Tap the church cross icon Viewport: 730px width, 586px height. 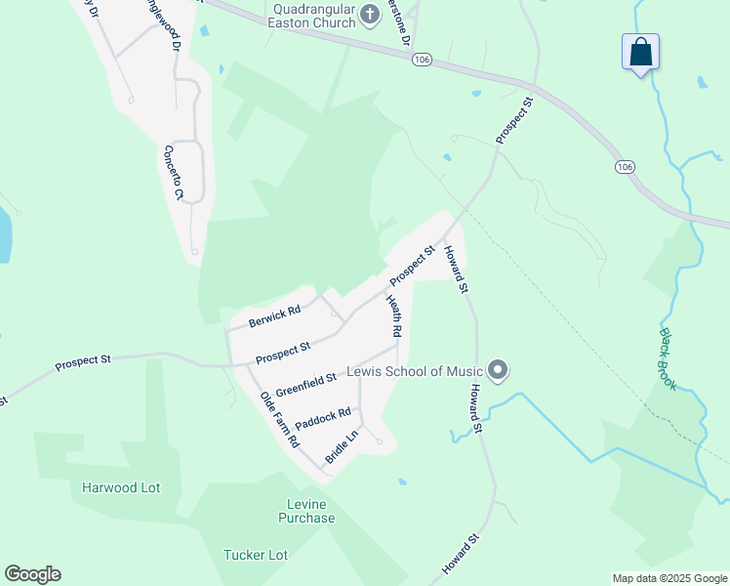[x=370, y=14]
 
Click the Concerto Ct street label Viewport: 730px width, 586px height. [x=173, y=173]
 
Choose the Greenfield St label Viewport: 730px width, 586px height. [x=305, y=383]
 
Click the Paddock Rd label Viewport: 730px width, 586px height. [x=323, y=421]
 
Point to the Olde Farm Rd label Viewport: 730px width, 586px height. [x=279, y=419]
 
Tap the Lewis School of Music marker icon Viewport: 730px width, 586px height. [x=498, y=370]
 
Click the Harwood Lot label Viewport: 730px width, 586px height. [x=121, y=487]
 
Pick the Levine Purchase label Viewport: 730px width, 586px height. [x=304, y=511]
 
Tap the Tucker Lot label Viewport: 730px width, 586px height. [x=256, y=555]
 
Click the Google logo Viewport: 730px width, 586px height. [x=32, y=574]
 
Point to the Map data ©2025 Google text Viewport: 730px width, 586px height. [x=669, y=578]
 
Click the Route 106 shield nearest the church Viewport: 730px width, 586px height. [x=421, y=60]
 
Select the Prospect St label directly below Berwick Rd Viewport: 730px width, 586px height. [x=283, y=353]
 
